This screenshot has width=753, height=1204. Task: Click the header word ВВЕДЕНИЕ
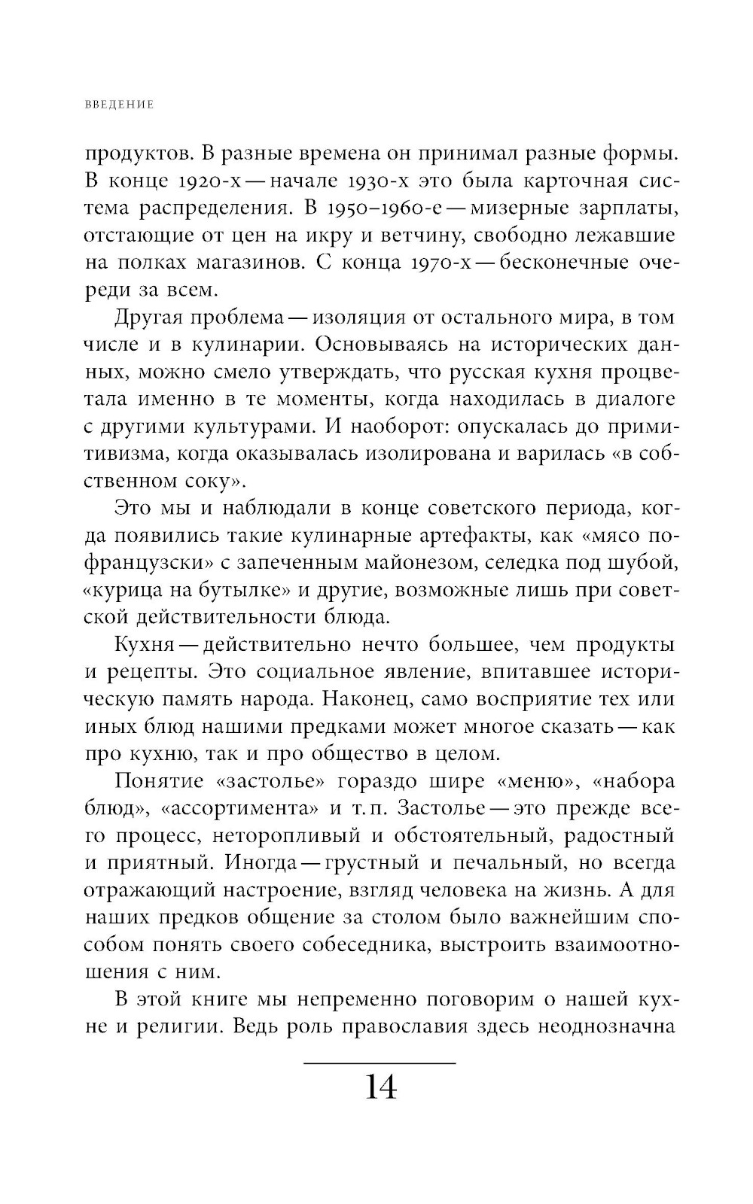pos(119,105)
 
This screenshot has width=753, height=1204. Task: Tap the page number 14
pos(381,1087)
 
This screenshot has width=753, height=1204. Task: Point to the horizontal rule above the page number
pos(380,1063)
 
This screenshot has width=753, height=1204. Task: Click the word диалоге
pos(629,399)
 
